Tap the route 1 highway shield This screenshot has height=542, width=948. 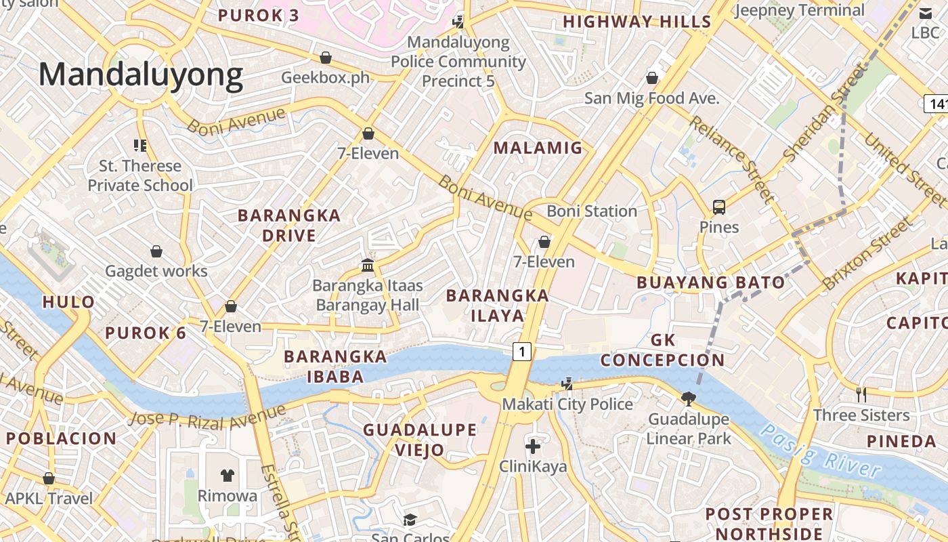(521, 351)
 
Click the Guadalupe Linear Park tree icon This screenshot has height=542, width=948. (689, 398)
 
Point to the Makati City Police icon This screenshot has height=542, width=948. (567, 383)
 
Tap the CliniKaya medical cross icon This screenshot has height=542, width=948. (533, 446)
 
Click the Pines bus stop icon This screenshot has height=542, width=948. (719, 207)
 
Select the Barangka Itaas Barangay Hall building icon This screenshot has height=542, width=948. (368, 264)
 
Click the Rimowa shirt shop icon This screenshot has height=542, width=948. (228, 475)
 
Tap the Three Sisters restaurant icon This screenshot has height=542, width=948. (861, 394)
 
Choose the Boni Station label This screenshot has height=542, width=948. (592, 211)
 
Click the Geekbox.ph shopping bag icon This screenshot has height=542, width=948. (326, 57)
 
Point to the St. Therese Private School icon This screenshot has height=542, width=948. (140, 144)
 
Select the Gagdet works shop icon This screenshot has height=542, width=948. (156, 251)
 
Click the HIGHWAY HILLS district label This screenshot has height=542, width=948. (637, 22)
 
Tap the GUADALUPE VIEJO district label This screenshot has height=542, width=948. (420, 439)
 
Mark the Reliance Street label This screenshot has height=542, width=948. (731, 159)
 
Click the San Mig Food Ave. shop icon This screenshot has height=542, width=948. (651, 78)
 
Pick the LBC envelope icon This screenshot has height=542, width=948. (925, 12)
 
